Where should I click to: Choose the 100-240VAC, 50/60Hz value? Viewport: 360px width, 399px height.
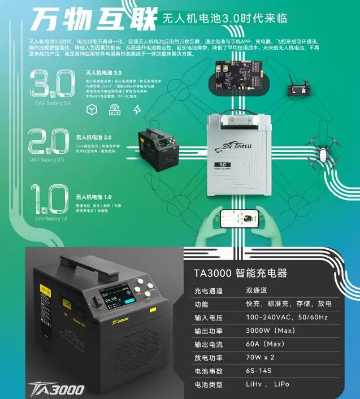tap(287, 318)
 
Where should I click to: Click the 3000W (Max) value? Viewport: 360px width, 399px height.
tap(269, 331)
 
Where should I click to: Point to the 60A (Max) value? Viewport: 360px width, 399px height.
tap(265, 344)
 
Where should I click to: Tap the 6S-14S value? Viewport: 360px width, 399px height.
tap(259, 371)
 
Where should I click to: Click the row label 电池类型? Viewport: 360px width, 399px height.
tap(209, 384)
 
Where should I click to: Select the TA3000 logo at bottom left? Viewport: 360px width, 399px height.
tap(57, 389)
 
